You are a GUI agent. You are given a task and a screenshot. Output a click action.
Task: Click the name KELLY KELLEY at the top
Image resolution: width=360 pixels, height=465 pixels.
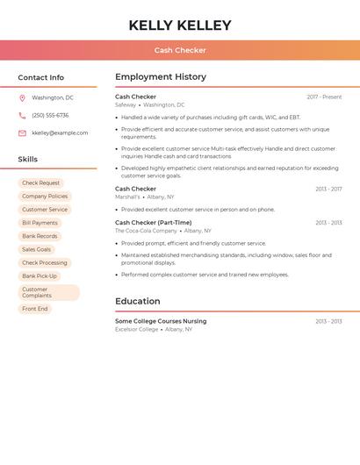coord(180,25)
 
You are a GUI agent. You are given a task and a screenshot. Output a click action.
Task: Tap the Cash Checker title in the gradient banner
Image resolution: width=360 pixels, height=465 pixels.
coord(180,50)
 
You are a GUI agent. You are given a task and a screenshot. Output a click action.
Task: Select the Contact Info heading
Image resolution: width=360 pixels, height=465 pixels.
coord(41,77)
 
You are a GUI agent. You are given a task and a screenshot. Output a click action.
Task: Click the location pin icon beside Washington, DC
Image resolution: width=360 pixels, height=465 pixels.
coord(22,97)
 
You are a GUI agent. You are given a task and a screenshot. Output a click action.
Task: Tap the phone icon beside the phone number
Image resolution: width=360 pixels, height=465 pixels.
coord(22,115)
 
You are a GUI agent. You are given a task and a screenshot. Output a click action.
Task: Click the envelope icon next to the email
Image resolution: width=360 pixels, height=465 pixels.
coord(22,133)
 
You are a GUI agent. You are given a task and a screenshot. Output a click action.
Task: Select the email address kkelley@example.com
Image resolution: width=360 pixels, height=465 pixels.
coord(60,133)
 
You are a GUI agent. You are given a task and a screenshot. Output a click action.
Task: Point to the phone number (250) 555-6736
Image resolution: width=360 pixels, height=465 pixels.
coord(50,115)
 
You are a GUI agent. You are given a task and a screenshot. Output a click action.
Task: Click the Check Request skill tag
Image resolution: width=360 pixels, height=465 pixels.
coord(41,183)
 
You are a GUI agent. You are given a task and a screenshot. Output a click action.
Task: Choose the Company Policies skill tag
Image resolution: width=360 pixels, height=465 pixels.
coord(45,197)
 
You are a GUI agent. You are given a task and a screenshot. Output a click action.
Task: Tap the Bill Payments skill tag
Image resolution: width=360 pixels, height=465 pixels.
coord(40,223)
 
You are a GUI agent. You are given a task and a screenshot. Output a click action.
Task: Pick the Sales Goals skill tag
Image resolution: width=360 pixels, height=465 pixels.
coord(37,249)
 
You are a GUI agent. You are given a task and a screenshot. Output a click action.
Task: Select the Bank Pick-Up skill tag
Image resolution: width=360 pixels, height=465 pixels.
coord(40,276)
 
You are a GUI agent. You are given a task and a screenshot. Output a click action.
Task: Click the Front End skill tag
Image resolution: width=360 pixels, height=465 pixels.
coord(35,309)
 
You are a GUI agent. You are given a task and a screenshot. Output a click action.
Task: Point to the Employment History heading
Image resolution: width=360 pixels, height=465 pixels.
coord(161,77)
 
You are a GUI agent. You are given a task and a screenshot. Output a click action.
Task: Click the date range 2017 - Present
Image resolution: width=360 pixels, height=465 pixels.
coord(324,97)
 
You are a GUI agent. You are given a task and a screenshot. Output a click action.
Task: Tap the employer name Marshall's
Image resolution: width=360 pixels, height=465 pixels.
coord(127,197)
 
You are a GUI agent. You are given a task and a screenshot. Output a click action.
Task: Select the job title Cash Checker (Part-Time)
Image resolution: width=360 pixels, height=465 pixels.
coord(153,222)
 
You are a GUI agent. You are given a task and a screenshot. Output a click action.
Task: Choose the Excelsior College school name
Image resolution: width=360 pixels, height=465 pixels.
coord(137,329)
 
